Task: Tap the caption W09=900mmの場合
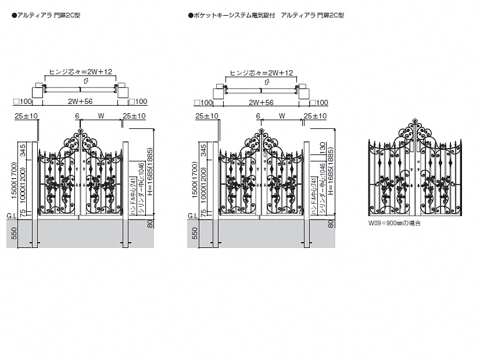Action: [x=394, y=223]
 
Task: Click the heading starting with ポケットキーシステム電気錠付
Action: [x=266, y=15]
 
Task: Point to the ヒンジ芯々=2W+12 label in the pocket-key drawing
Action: [x=262, y=73]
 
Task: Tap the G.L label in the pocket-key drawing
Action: [x=192, y=216]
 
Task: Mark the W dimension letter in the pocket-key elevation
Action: [x=281, y=116]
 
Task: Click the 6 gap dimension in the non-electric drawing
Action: [x=77, y=116]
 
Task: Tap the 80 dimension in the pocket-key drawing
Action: [x=331, y=222]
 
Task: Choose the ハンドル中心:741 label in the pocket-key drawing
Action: [x=313, y=198]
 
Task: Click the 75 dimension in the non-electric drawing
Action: [x=23, y=214]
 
